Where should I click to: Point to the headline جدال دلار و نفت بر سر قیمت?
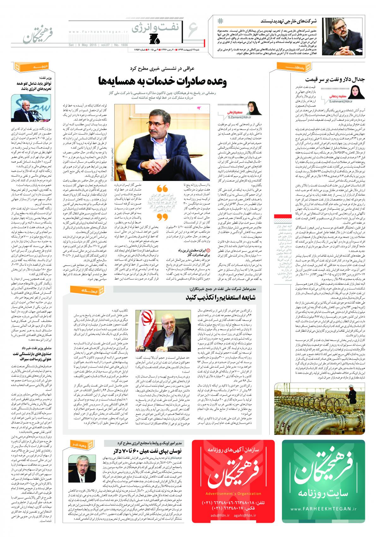[x=336, y=80]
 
